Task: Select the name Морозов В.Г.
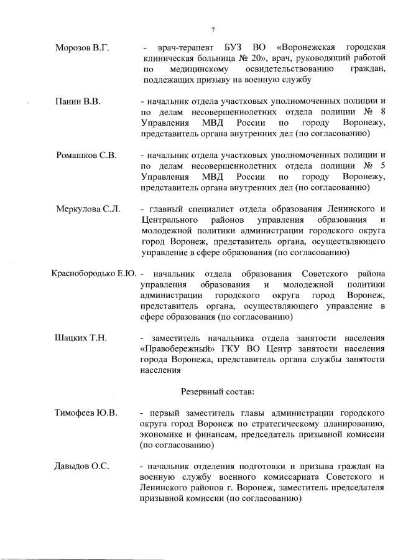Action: tap(82, 48)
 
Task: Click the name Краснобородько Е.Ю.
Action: tap(93, 274)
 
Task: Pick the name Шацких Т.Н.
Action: tap(81, 338)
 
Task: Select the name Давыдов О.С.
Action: tap(83, 466)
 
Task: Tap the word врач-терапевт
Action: tap(185, 48)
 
